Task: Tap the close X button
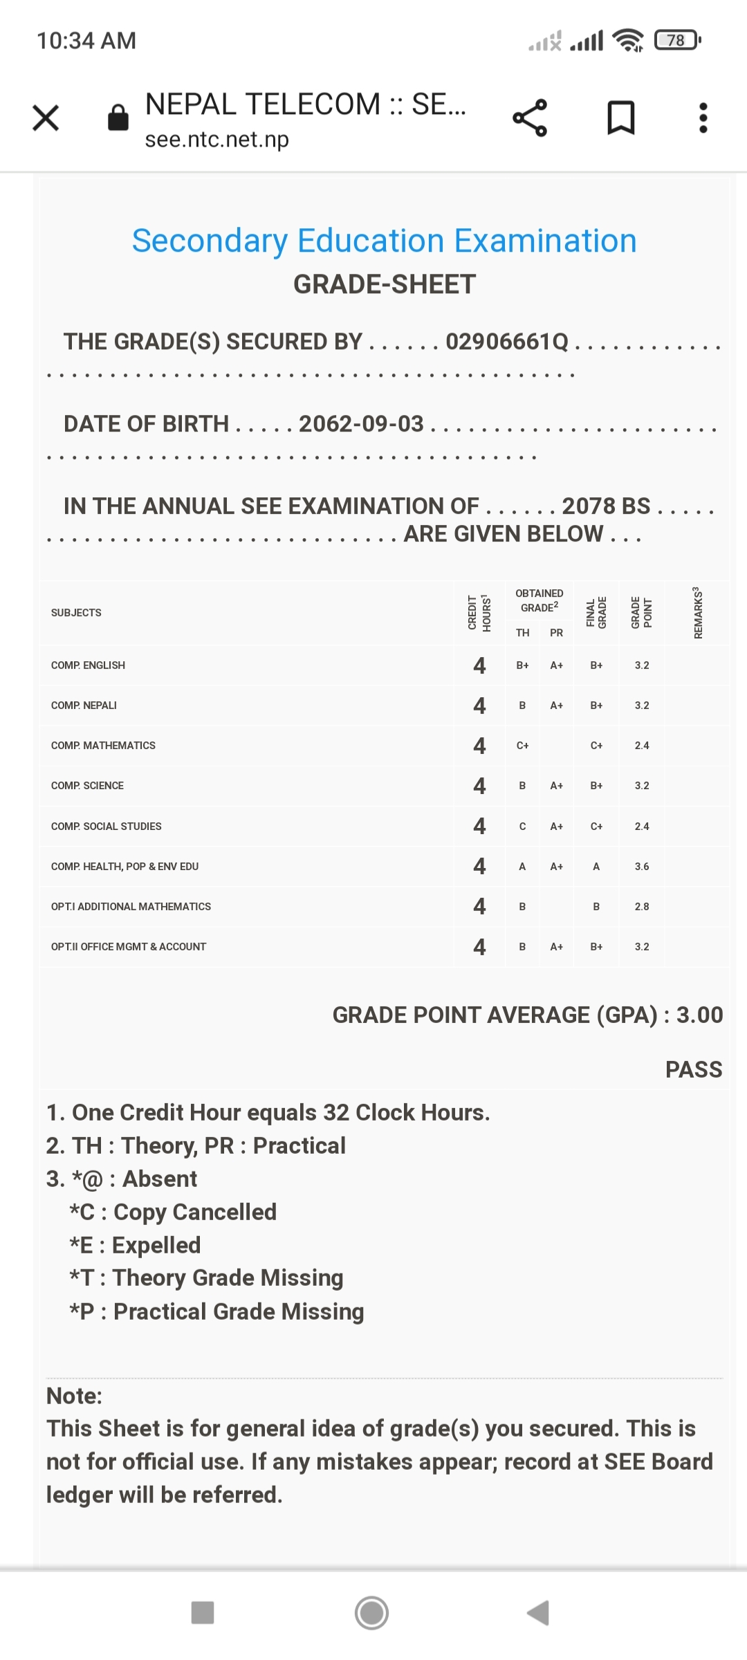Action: (46, 118)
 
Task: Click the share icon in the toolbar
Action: (530, 118)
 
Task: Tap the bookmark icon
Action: (620, 118)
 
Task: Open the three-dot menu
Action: (703, 118)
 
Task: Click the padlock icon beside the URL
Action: (118, 118)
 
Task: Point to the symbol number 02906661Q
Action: (507, 342)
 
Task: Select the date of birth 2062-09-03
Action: (361, 423)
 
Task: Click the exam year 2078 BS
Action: (606, 506)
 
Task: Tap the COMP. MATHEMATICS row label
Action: (103, 746)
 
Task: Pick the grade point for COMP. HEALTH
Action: (642, 867)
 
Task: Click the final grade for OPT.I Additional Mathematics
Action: (596, 907)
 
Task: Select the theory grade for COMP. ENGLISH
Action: (523, 665)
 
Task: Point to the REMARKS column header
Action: (698, 613)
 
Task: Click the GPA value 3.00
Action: (699, 1015)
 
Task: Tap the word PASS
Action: (694, 1069)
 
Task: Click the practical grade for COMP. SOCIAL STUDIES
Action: (557, 827)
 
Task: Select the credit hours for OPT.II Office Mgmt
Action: (479, 947)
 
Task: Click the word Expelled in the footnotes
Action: (156, 1245)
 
